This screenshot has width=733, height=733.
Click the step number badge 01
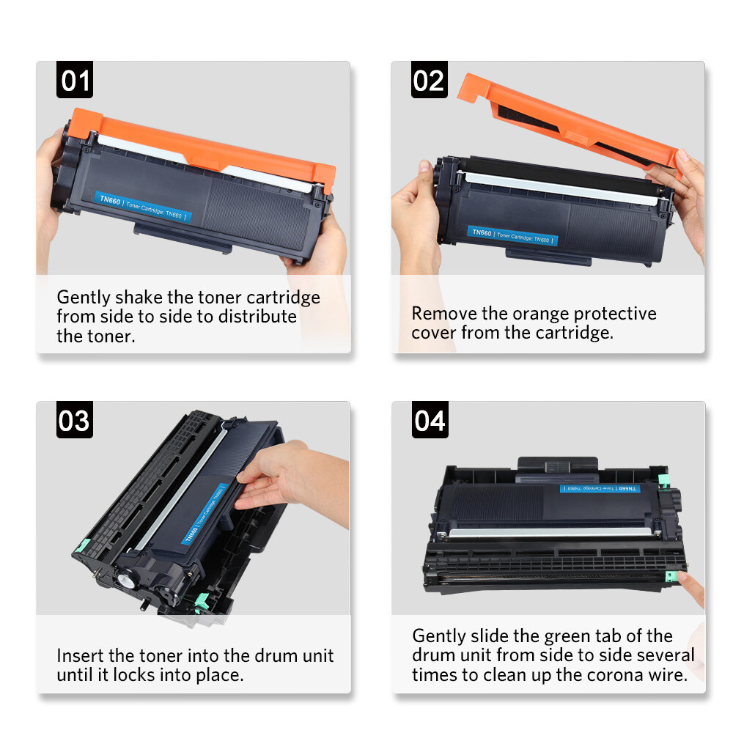[x=75, y=80]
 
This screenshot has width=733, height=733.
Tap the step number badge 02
[x=429, y=80]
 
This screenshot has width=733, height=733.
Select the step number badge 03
[x=75, y=421]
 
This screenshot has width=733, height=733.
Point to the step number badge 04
[x=430, y=421]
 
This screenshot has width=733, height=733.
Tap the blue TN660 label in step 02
[x=512, y=235]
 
